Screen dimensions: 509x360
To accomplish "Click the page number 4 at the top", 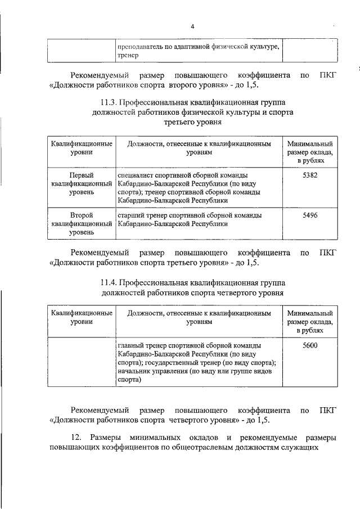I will click(192, 26).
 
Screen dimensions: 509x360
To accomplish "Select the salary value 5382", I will click(310, 175).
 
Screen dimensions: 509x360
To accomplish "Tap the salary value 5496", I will click(310, 215).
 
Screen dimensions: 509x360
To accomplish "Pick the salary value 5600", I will click(310, 345).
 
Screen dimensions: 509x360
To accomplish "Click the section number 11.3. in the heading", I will click(110, 102).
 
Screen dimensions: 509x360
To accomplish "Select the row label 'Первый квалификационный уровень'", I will click(81, 184).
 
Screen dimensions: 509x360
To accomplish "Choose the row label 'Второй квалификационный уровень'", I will click(81, 223).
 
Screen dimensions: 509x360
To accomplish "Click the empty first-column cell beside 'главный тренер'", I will click(81, 362).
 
